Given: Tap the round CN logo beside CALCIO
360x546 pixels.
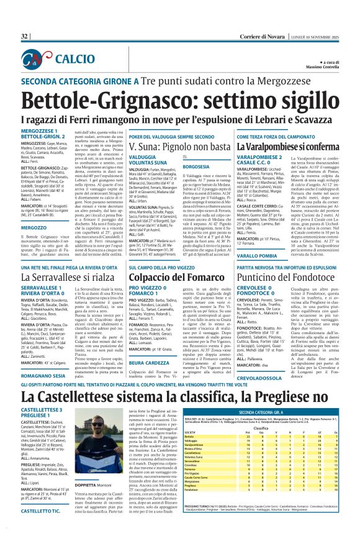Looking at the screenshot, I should (38, 60).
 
